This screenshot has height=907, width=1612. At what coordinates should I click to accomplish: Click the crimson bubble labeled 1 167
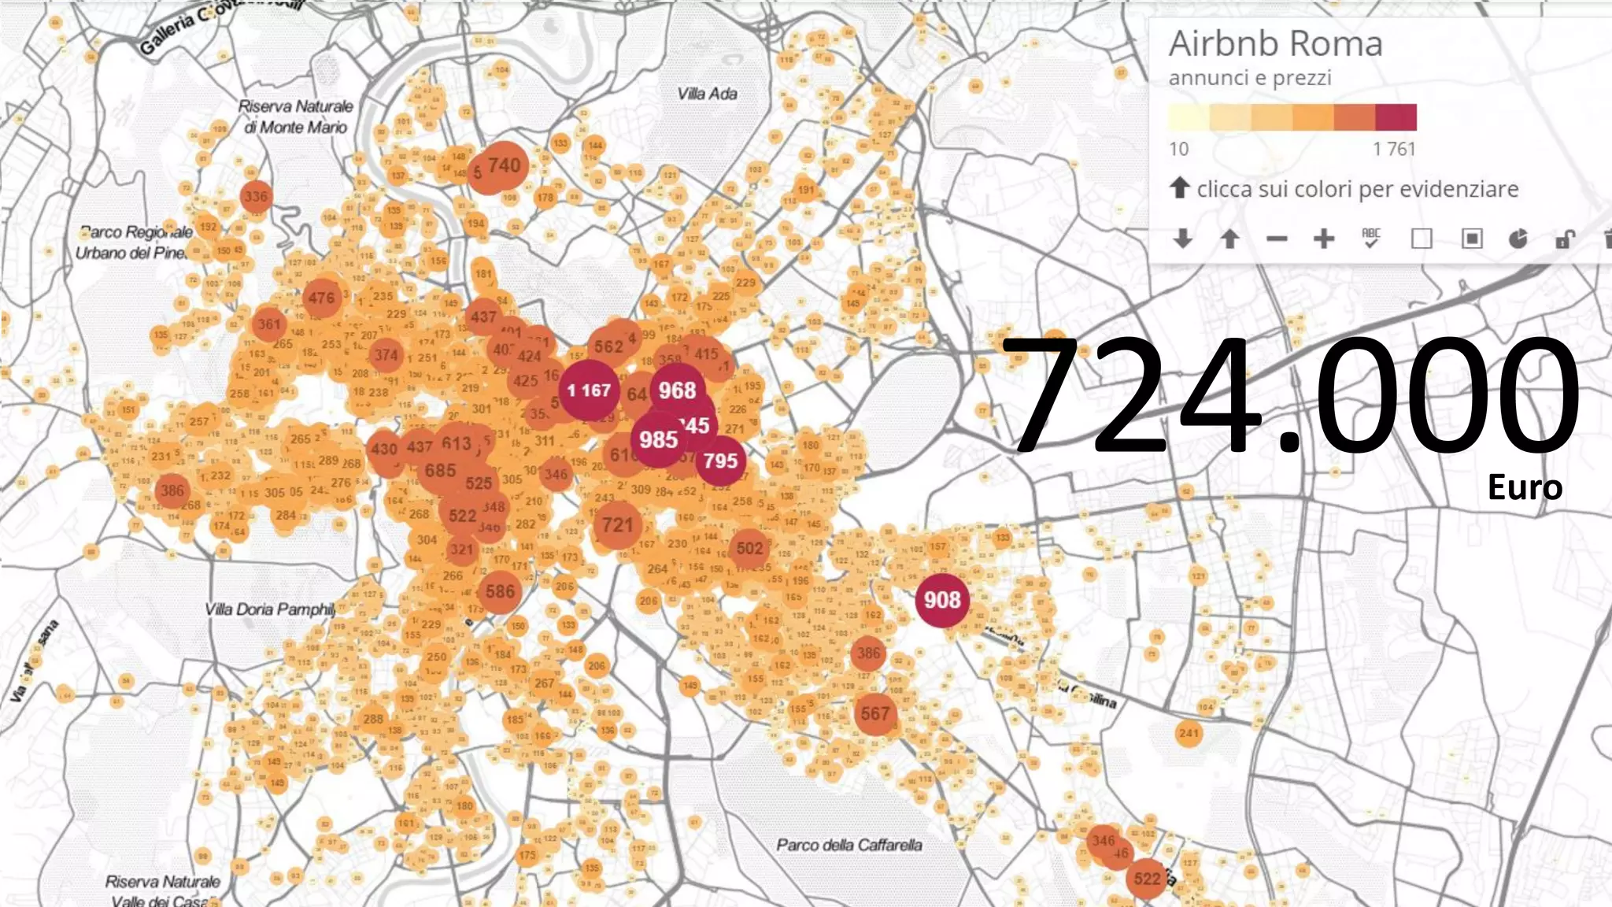(589, 390)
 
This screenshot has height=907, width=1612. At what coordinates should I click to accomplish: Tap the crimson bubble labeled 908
(942, 600)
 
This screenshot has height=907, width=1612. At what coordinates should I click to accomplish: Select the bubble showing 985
(658, 439)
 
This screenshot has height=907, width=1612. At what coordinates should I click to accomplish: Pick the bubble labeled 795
(720, 461)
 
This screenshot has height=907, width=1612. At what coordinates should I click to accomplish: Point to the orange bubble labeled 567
(874, 714)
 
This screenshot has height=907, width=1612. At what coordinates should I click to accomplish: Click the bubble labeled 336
(256, 196)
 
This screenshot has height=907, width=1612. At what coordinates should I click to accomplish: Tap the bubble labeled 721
(617, 525)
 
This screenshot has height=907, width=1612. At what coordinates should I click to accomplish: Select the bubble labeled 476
(321, 298)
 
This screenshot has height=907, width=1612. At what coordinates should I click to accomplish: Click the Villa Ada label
(707, 94)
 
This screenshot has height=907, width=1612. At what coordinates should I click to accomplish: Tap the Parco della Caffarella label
(849, 845)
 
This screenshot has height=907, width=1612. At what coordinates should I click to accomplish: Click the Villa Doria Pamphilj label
(270, 609)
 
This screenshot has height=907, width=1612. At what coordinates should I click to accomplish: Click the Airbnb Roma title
(1275, 43)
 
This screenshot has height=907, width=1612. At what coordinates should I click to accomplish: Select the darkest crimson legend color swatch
(1396, 117)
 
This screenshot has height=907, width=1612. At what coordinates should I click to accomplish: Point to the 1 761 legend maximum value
(1394, 149)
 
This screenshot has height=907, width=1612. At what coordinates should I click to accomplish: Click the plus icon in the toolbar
(1324, 239)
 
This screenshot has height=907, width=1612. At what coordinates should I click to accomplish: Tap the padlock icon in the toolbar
(1565, 239)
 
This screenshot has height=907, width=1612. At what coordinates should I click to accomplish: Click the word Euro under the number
(1524, 487)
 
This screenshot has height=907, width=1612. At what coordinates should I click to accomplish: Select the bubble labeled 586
(500, 591)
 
